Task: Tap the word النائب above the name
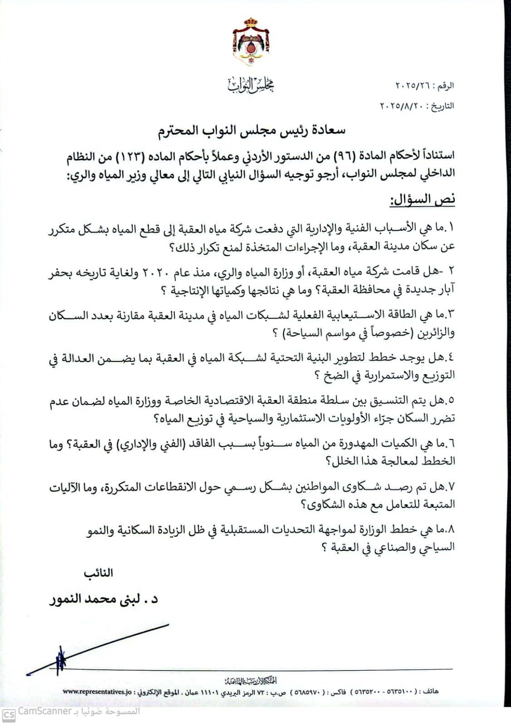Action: [x=98, y=573]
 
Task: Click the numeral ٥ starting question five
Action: [x=452, y=400]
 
